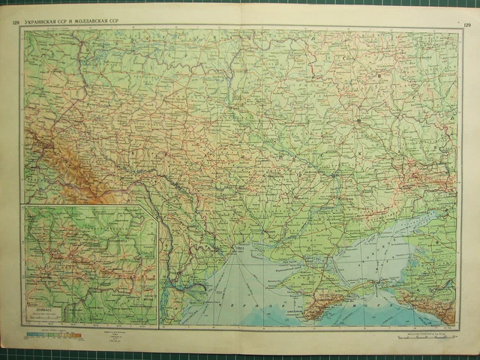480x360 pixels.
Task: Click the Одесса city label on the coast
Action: click(240, 251)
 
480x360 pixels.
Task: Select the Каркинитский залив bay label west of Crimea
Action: click(289, 279)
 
